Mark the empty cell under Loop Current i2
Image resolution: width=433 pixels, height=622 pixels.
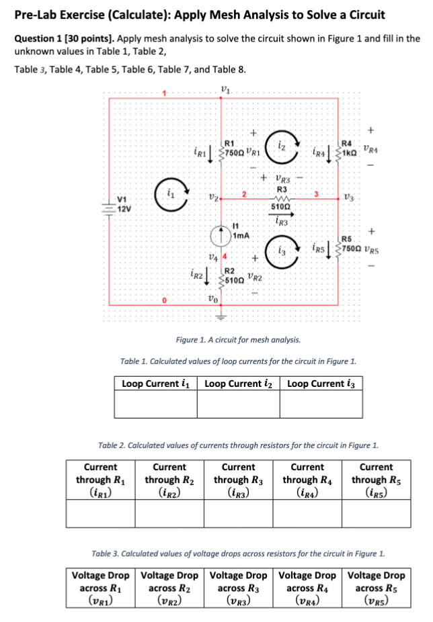pos(239,404)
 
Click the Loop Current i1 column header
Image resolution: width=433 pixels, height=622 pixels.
pos(156,384)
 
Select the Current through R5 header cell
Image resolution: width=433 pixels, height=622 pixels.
pos(376,480)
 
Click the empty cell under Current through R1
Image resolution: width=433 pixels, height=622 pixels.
pos(100,514)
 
